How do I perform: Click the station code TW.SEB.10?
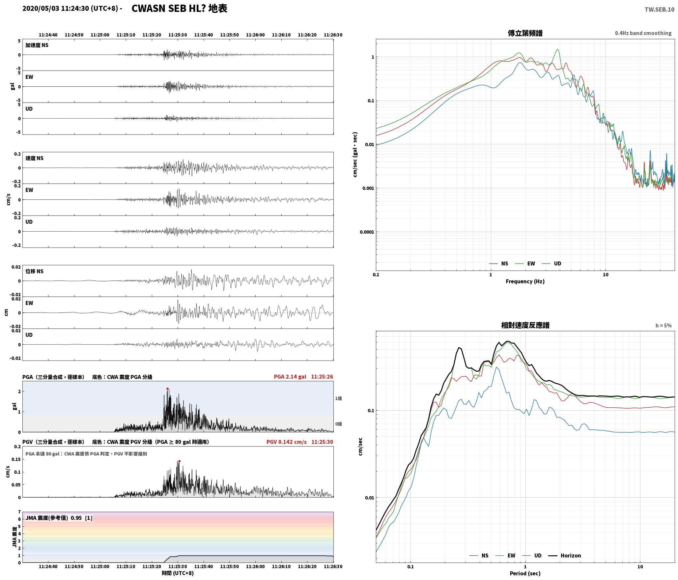click(x=659, y=10)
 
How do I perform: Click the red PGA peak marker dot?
click(x=167, y=389)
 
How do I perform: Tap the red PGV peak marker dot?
click(x=179, y=461)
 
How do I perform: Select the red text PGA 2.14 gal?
click(x=290, y=377)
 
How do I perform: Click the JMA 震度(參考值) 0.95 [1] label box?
click(x=59, y=518)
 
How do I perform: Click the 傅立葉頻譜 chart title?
click(x=525, y=33)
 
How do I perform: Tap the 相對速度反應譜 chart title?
click(x=525, y=325)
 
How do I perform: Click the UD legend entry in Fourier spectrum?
click(x=551, y=264)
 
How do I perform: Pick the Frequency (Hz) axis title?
click(x=525, y=281)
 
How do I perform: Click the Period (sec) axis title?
click(x=525, y=573)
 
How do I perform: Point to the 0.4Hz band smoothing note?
click(x=643, y=33)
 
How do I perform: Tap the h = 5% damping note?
click(x=664, y=326)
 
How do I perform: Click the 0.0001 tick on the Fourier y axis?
click(x=367, y=232)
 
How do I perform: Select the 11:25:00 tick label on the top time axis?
click(x=100, y=35)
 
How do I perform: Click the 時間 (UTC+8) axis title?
click(x=178, y=573)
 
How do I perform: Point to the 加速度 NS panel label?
click(x=37, y=45)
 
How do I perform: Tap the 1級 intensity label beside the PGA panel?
click(x=338, y=398)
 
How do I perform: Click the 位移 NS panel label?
click(x=35, y=271)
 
